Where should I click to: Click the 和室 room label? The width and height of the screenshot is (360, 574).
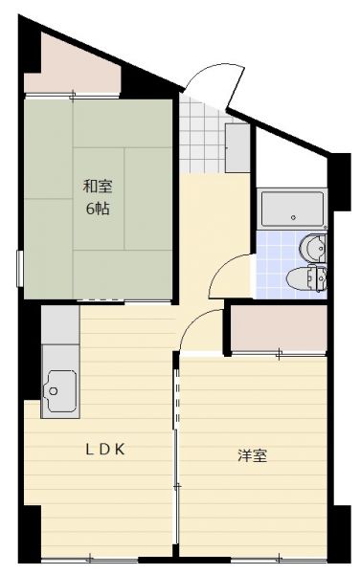click(98, 187)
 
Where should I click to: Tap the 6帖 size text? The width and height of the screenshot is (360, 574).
click(98, 209)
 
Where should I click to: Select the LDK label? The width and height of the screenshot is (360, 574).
click(105, 450)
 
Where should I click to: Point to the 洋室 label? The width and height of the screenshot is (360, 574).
click(253, 455)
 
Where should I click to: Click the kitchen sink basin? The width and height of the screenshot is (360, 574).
click(59, 391)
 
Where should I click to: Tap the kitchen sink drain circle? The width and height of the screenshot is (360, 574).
click(54, 391)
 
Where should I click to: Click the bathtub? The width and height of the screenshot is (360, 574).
click(293, 209)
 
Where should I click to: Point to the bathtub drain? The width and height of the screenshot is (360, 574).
click(293, 217)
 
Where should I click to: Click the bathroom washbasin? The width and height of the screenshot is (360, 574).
click(312, 248)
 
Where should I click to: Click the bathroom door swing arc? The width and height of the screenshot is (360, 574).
click(222, 267)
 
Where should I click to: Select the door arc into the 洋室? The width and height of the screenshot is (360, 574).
click(193, 323)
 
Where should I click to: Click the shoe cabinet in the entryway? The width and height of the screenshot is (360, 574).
click(237, 148)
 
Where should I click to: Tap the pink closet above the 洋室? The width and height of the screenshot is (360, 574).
click(279, 328)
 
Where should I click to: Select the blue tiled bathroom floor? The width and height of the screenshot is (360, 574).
click(278, 264)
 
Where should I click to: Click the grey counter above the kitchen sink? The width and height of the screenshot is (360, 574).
click(60, 324)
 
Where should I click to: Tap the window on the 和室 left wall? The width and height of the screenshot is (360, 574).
click(20, 268)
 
